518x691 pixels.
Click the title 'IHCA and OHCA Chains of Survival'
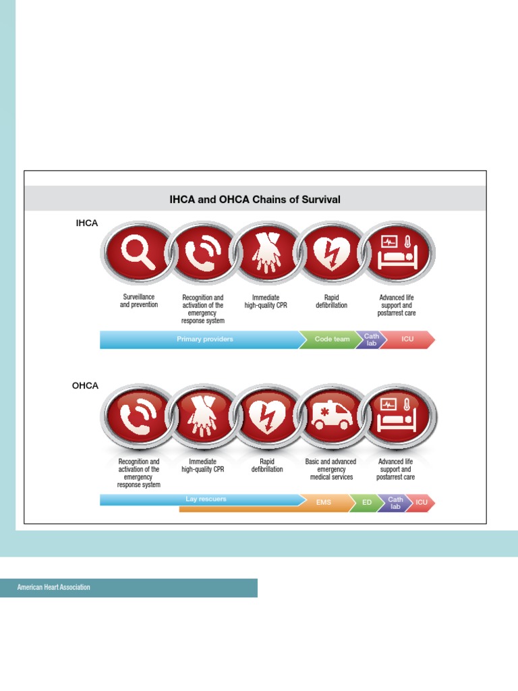pos(255,200)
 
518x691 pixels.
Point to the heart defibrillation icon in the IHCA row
pos(331,253)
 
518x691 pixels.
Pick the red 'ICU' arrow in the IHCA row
pos(407,339)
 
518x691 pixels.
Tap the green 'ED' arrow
pos(367,503)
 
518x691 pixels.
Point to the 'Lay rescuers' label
pos(206,499)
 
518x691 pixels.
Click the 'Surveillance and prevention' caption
pos(139,301)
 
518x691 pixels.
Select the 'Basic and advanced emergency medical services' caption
pos(331,470)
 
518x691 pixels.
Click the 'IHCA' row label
pos(86,223)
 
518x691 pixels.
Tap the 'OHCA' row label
pos(86,386)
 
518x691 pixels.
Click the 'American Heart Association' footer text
pos(54,588)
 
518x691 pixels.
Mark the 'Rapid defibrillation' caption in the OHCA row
pos(267,466)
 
